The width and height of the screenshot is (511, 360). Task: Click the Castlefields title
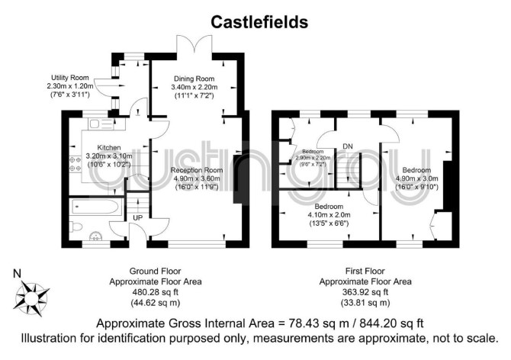[x=259, y=22]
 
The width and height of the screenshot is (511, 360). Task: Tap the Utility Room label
[x=69, y=78]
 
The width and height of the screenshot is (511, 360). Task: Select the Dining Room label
[x=194, y=79]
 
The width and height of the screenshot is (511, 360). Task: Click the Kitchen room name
[x=109, y=148]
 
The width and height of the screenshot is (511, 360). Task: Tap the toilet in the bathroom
[x=76, y=227]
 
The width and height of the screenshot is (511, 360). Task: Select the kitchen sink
[x=101, y=124]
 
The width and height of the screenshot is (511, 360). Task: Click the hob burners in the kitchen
[x=75, y=164]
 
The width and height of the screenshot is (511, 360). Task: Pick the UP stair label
[x=138, y=217]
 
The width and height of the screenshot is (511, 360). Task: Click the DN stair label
[x=348, y=146]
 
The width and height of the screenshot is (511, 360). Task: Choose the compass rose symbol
[x=31, y=298]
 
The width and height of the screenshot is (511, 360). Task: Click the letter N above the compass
[x=17, y=274]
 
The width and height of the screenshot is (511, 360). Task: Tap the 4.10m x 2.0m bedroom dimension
[x=329, y=215]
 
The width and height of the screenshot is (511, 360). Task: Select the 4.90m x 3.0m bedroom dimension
[x=417, y=178]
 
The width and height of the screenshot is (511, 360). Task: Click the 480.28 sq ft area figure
[x=155, y=292]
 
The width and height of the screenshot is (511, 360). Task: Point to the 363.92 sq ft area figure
[x=365, y=292]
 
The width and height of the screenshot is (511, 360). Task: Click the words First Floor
[x=365, y=271]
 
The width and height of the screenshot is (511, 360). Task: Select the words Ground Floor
[x=155, y=271]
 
